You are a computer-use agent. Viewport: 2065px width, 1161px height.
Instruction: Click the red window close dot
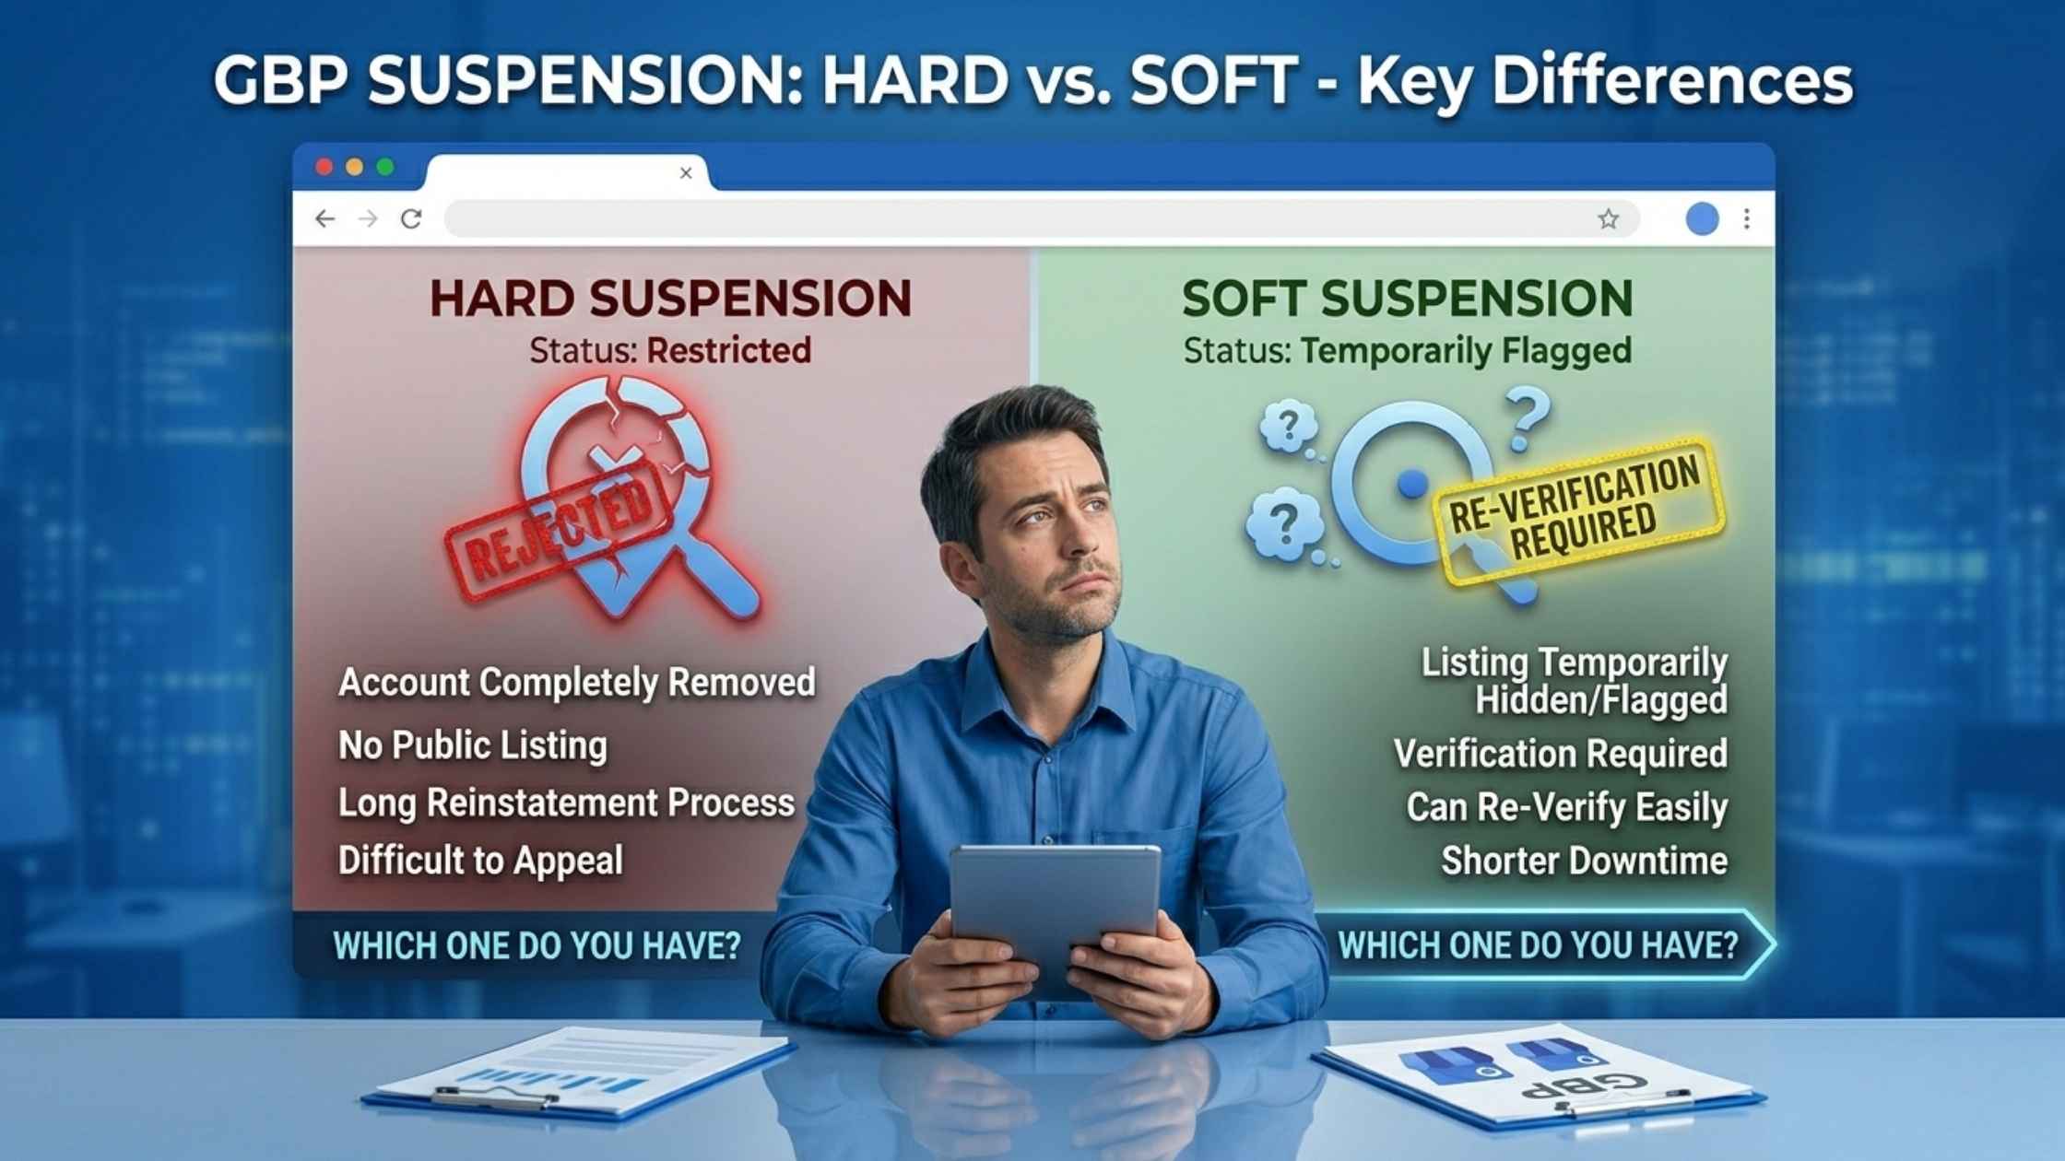tap(324, 167)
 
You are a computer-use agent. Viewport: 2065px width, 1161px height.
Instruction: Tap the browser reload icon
tap(411, 218)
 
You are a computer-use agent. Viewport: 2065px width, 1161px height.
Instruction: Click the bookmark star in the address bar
tap(1609, 218)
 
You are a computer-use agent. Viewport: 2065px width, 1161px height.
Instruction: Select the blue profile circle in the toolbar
tap(1702, 218)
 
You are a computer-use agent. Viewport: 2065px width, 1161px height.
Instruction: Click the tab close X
tap(686, 172)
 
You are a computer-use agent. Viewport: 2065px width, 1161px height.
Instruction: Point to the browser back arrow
tap(324, 218)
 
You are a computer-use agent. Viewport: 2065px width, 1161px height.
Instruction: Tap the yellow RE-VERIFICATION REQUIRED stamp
tap(1578, 510)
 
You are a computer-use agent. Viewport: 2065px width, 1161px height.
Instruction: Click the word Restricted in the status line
tap(729, 350)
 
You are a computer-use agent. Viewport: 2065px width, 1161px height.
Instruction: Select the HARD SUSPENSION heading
tap(670, 299)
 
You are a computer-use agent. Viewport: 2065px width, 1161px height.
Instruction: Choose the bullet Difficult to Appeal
tap(480, 861)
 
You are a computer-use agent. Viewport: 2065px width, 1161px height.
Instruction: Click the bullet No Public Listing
tap(473, 745)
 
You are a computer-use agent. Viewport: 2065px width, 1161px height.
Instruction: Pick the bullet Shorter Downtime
tap(1584, 861)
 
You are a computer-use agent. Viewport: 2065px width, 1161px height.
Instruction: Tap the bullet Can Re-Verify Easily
tap(1566, 807)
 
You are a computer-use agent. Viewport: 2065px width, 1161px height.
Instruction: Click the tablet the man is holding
tap(1055, 912)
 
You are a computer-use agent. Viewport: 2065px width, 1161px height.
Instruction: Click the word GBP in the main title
tap(280, 80)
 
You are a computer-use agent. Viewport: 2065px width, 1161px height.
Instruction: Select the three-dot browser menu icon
tap(1747, 218)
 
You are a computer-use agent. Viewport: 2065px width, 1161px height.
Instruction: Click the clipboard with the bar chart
tap(578, 1073)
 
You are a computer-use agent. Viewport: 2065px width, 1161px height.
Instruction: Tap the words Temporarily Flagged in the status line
tap(1466, 350)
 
